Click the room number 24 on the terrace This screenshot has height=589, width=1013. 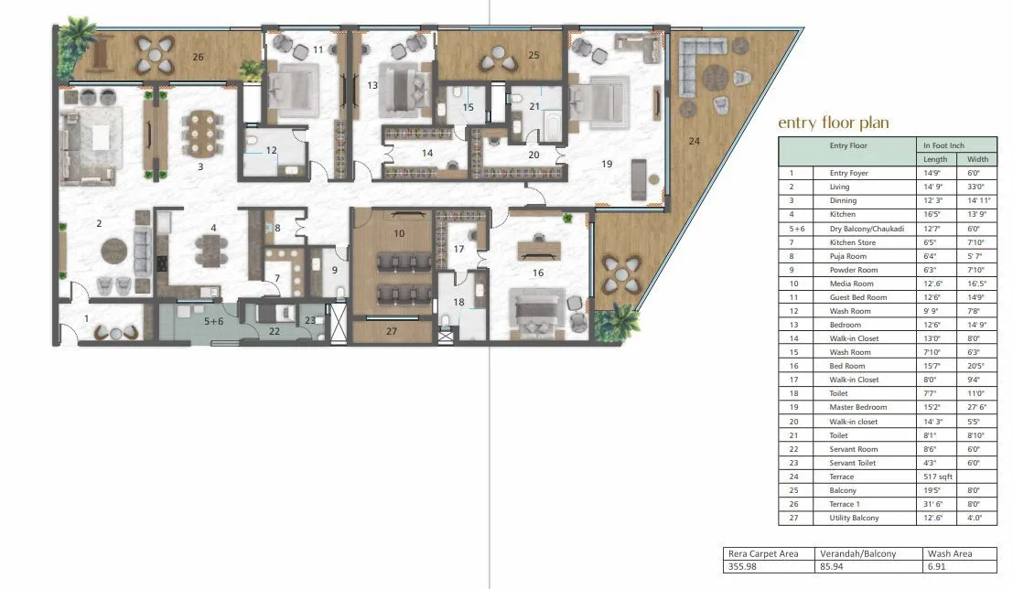694,141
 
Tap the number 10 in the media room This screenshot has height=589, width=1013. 398,233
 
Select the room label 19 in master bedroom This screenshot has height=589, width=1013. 607,165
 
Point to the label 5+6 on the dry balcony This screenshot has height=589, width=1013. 213,321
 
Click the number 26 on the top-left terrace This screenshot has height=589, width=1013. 198,56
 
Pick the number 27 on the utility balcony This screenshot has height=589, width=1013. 391,331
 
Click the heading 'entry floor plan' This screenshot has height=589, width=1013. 833,123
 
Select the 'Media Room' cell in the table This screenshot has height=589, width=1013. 846,284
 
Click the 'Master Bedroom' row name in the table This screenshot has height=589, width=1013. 853,408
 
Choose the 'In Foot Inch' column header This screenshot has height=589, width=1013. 944,145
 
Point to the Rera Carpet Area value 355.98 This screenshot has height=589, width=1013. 742,567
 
